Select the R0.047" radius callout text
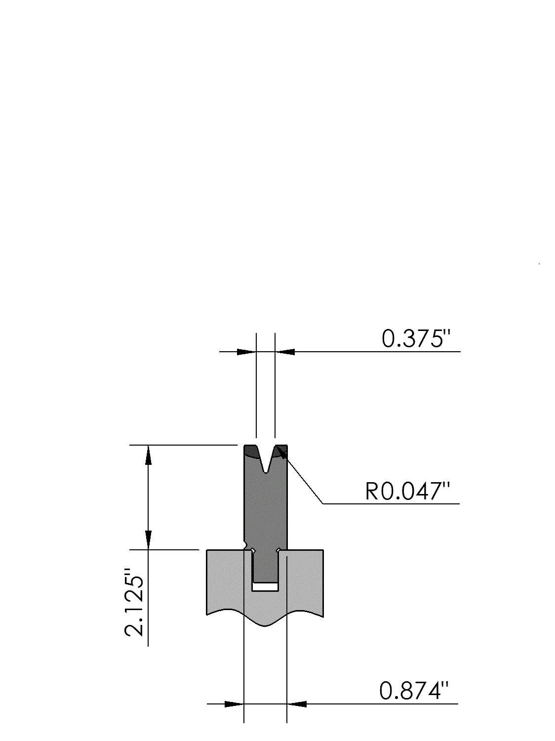(408, 491)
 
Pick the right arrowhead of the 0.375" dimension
(285, 352)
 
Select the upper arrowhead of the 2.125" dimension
(148, 455)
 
